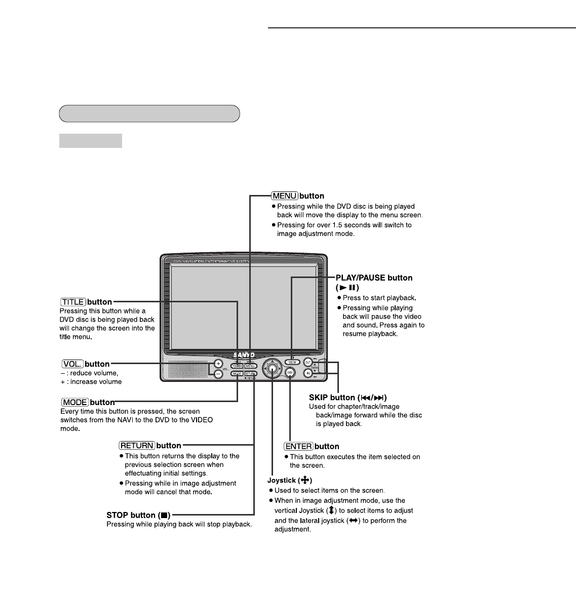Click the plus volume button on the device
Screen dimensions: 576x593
tap(218, 363)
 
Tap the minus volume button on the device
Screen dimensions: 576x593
tap(218, 374)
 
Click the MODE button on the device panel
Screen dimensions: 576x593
tap(237, 374)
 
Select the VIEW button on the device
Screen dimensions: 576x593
tap(292, 362)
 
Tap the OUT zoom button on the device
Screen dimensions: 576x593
tap(308, 362)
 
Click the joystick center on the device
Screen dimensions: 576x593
tap(273, 368)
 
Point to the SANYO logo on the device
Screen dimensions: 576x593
tap(244, 354)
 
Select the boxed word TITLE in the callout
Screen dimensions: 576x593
tap(73, 302)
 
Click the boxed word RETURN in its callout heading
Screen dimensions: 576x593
tap(137, 446)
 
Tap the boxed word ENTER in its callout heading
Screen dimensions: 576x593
tap(298, 446)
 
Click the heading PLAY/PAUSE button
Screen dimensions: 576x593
tap(374, 278)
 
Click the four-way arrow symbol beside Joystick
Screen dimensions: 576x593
tap(305, 480)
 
